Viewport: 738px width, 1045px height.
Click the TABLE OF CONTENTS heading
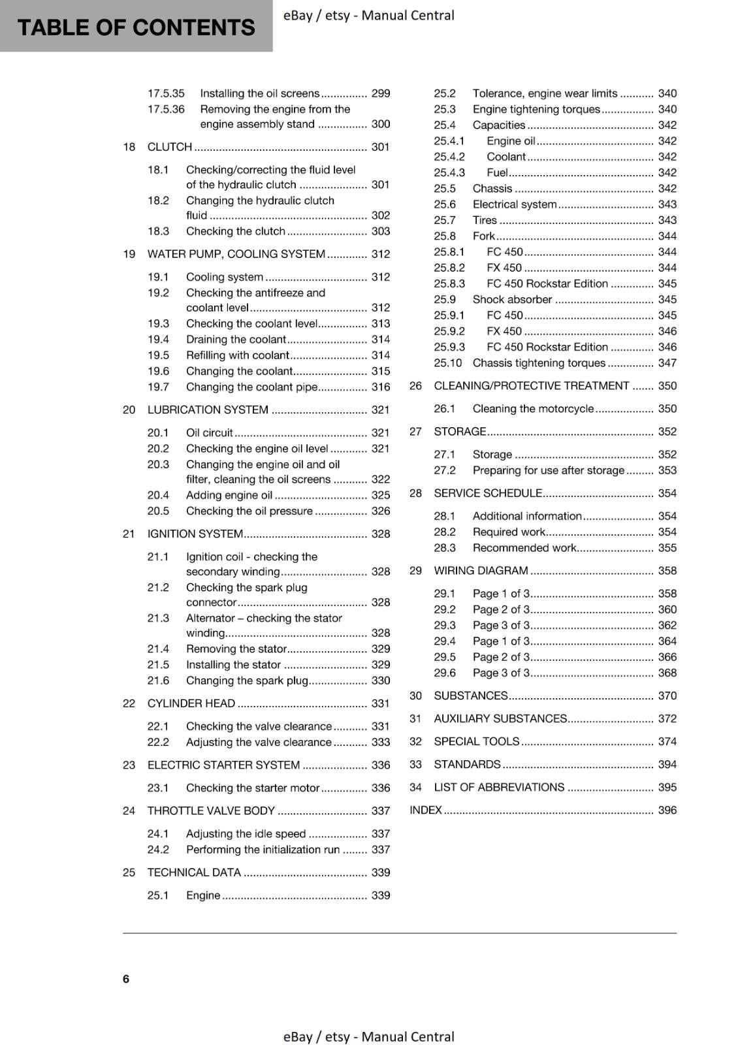click(x=136, y=27)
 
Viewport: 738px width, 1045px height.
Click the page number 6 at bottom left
click(x=126, y=978)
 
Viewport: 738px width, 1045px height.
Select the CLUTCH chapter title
click(x=170, y=147)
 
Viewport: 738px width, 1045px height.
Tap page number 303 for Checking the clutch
click(x=380, y=231)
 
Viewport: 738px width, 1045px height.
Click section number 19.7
click(x=158, y=387)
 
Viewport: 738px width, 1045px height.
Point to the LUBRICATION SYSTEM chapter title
click(x=208, y=410)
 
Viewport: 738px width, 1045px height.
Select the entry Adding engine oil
click(x=229, y=495)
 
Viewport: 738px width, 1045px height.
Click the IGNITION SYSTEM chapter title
click(x=195, y=534)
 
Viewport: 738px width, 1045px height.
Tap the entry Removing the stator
click(x=236, y=649)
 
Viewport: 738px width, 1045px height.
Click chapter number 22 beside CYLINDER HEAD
click(x=129, y=703)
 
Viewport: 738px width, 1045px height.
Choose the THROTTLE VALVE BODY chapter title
click(x=211, y=811)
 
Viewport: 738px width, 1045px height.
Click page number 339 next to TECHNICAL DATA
click(x=380, y=873)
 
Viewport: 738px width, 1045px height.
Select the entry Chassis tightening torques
click(x=539, y=362)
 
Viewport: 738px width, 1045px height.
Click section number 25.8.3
click(x=449, y=283)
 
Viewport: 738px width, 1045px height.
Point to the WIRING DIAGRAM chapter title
click(x=481, y=570)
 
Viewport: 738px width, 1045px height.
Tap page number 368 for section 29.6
click(x=667, y=673)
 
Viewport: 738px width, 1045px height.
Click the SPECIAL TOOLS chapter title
click(x=477, y=741)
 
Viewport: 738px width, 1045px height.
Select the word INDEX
click(x=426, y=810)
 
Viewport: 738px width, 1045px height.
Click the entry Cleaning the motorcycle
click(x=533, y=408)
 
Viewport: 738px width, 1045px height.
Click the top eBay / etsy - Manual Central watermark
click(x=368, y=15)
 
